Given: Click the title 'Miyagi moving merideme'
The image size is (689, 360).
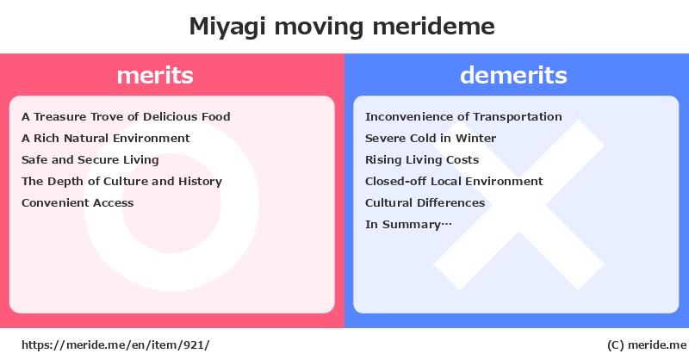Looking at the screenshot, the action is [342, 28].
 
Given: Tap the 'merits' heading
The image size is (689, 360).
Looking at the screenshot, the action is [155, 75].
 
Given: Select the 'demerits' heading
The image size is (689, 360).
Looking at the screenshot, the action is [513, 75].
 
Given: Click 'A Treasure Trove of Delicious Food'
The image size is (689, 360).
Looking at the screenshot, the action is [126, 116].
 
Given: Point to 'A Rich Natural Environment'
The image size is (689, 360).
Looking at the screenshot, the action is [105, 138].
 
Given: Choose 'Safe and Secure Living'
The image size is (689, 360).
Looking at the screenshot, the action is [90, 160].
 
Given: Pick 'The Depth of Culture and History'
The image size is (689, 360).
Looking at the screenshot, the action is [121, 182].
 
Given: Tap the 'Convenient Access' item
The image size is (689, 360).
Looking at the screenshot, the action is [78, 202].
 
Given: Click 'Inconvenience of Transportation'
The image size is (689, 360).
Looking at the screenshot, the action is [463, 116].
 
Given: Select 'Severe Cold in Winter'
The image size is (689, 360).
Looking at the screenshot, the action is [430, 138].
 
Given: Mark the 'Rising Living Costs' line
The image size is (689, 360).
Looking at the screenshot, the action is [422, 160].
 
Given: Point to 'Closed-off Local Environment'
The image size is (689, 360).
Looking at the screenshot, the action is [454, 181].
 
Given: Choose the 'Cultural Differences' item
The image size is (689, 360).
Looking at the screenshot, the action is [425, 202].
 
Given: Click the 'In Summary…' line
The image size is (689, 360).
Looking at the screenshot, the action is [408, 225].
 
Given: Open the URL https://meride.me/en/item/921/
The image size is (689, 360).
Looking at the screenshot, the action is [115, 345].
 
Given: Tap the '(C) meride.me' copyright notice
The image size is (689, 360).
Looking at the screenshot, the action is [647, 345].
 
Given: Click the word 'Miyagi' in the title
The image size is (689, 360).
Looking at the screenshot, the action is [227, 28].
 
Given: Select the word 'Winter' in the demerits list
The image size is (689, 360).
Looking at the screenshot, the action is [475, 138].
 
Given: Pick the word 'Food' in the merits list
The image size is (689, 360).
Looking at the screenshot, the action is [216, 116].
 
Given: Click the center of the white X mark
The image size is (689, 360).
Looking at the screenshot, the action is [519, 204].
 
